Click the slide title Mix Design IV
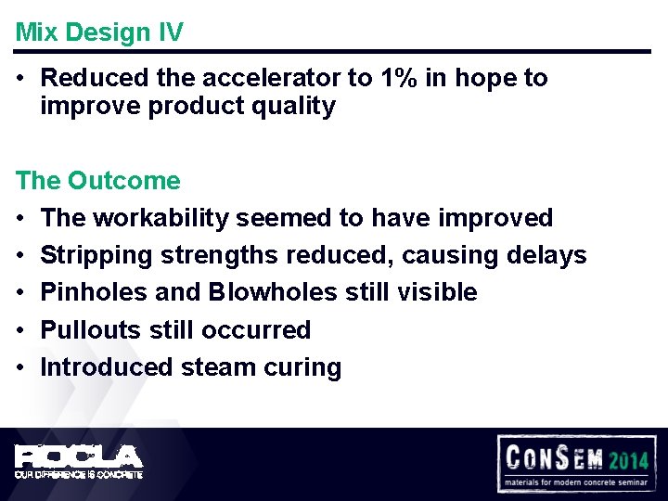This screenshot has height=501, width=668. tap(99, 32)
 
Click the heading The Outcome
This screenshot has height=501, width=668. tap(97, 180)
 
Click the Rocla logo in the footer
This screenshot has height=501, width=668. tap(79, 457)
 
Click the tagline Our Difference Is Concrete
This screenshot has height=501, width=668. tap(79, 474)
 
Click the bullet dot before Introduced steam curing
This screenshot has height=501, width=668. tap(19, 367)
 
